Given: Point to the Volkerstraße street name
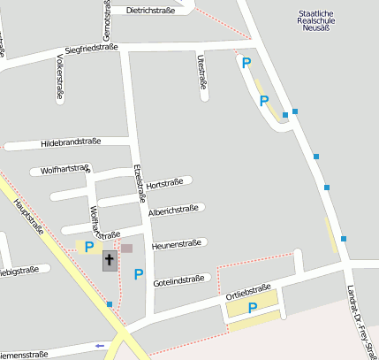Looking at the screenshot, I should [60, 77].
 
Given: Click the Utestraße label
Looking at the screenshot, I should [202, 73].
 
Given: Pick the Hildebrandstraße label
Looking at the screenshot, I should [72, 142].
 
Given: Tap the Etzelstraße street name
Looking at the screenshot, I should [139, 184].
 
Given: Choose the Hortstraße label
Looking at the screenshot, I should [163, 184].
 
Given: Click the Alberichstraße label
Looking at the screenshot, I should [173, 211].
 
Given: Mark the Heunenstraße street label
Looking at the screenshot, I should [177, 243].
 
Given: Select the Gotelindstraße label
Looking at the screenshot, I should [178, 280].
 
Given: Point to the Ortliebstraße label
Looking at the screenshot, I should [247, 290].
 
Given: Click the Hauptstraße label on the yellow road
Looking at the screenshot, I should [30, 218].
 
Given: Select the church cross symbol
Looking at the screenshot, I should [110, 260].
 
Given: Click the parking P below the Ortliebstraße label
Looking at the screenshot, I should [252, 309].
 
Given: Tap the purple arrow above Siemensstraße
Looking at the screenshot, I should [100, 345].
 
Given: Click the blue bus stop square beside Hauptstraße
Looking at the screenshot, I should [110, 304].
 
